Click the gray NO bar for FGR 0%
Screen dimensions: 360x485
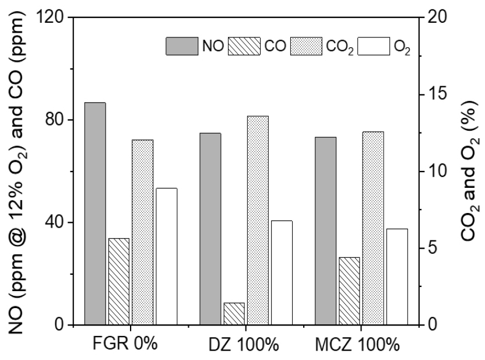pyautogui.click(x=95, y=214)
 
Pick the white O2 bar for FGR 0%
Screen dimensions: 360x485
pyautogui.click(x=166, y=256)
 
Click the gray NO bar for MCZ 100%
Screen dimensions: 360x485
pyautogui.click(x=326, y=230)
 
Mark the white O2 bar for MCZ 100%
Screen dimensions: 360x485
pyautogui.click(x=397, y=277)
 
